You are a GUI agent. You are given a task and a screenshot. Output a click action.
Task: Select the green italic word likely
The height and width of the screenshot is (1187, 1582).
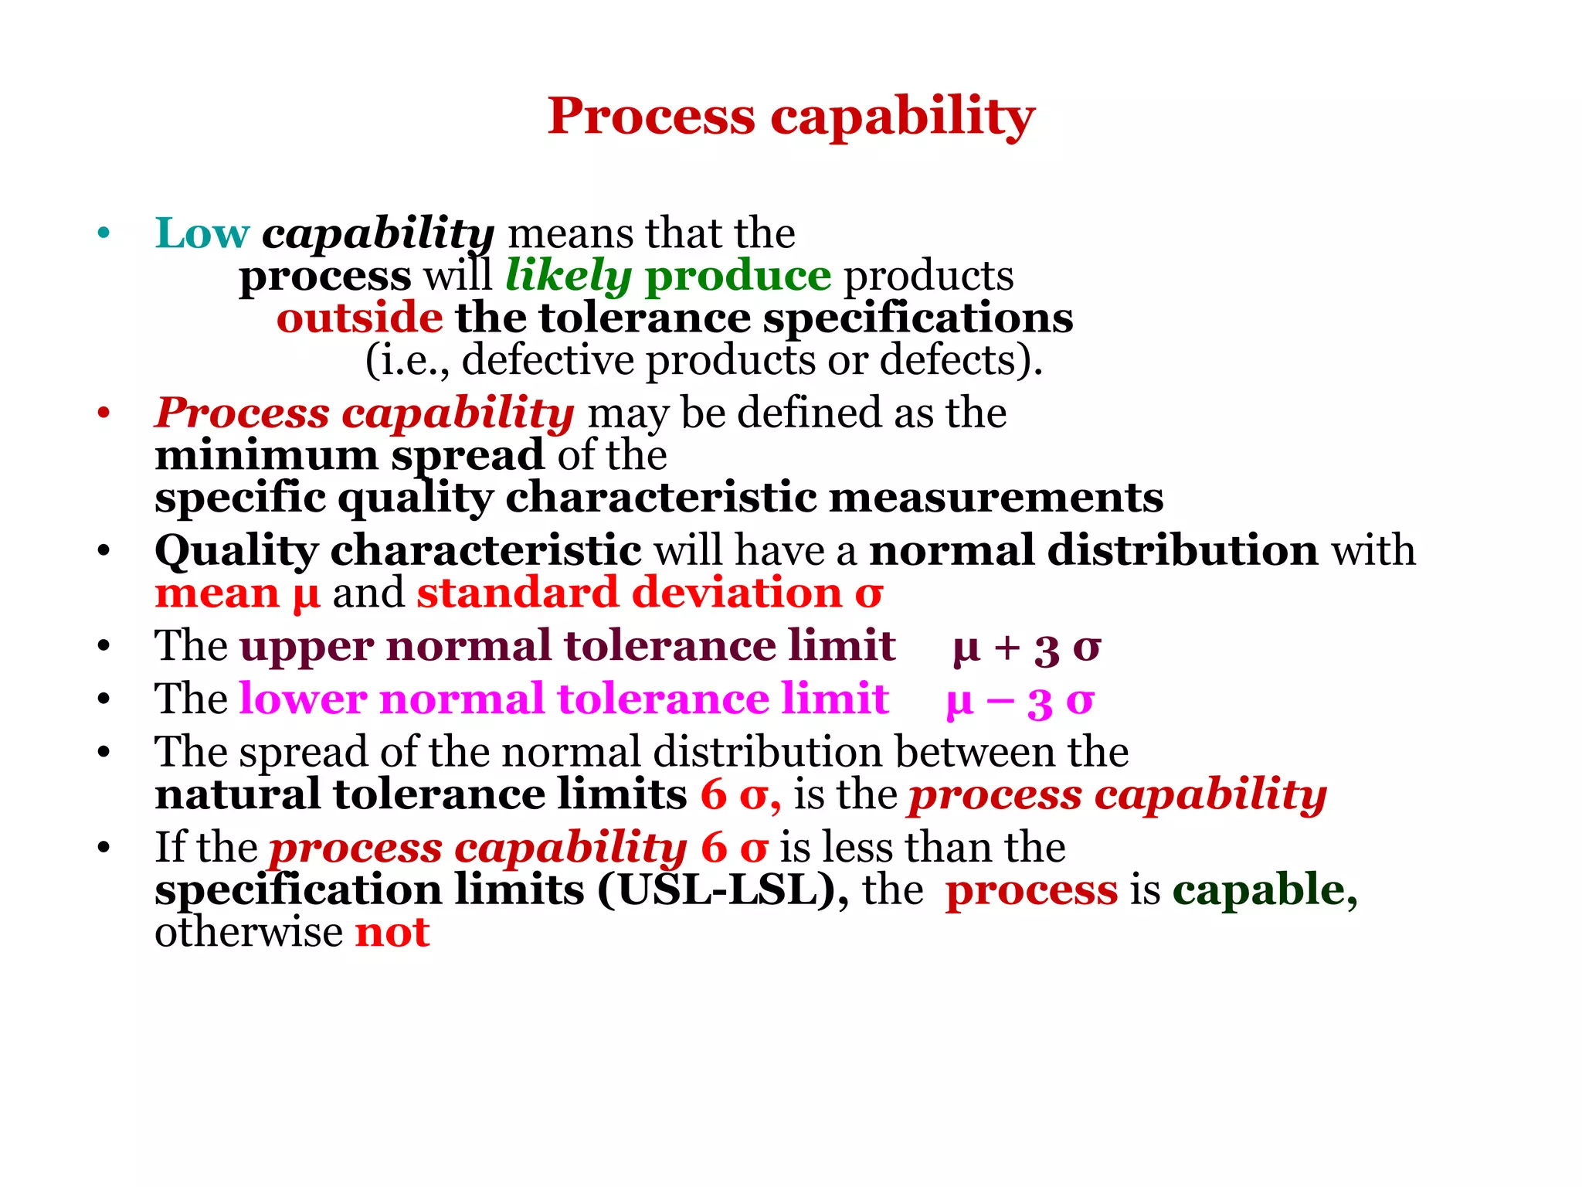(569, 276)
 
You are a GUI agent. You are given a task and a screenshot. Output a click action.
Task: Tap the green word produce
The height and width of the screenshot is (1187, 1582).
(738, 276)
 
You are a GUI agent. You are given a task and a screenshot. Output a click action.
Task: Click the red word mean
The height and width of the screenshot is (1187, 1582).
(217, 593)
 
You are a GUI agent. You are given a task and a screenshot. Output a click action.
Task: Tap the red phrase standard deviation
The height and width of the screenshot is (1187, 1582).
(629, 593)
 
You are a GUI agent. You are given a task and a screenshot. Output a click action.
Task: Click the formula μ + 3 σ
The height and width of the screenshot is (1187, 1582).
(1027, 647)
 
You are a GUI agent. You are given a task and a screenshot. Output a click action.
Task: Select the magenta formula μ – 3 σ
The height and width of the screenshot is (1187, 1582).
(1020, 700)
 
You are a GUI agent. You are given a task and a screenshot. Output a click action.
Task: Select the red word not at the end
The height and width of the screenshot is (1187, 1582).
(392, 933)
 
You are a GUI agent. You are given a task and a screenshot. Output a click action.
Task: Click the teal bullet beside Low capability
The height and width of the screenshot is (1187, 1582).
(104, 233)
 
